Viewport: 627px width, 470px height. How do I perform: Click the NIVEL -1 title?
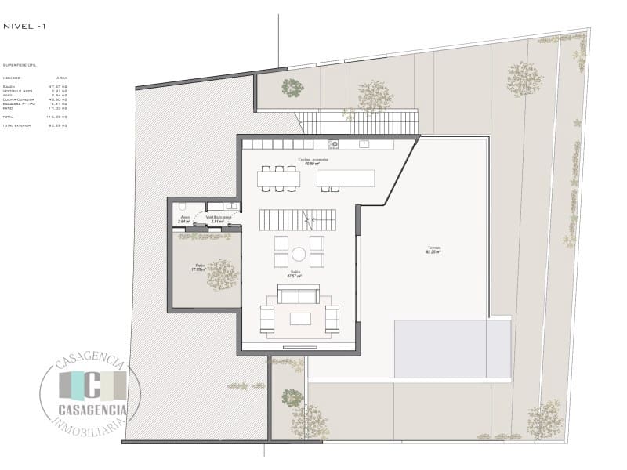24,27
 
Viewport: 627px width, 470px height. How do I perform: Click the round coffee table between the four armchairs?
299,254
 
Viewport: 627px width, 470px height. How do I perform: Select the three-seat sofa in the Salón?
299,295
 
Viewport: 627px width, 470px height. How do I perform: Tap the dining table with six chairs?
278,179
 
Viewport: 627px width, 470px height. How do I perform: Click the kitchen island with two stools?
346,179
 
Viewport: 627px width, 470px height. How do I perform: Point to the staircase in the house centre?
298,220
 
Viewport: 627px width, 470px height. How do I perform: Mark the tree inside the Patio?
222,274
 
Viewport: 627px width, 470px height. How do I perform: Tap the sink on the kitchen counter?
364,144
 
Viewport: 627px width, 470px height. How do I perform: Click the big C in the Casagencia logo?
92,385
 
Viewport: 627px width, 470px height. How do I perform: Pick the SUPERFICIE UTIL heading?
20,66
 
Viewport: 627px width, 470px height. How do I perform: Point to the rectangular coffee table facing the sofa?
300,318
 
